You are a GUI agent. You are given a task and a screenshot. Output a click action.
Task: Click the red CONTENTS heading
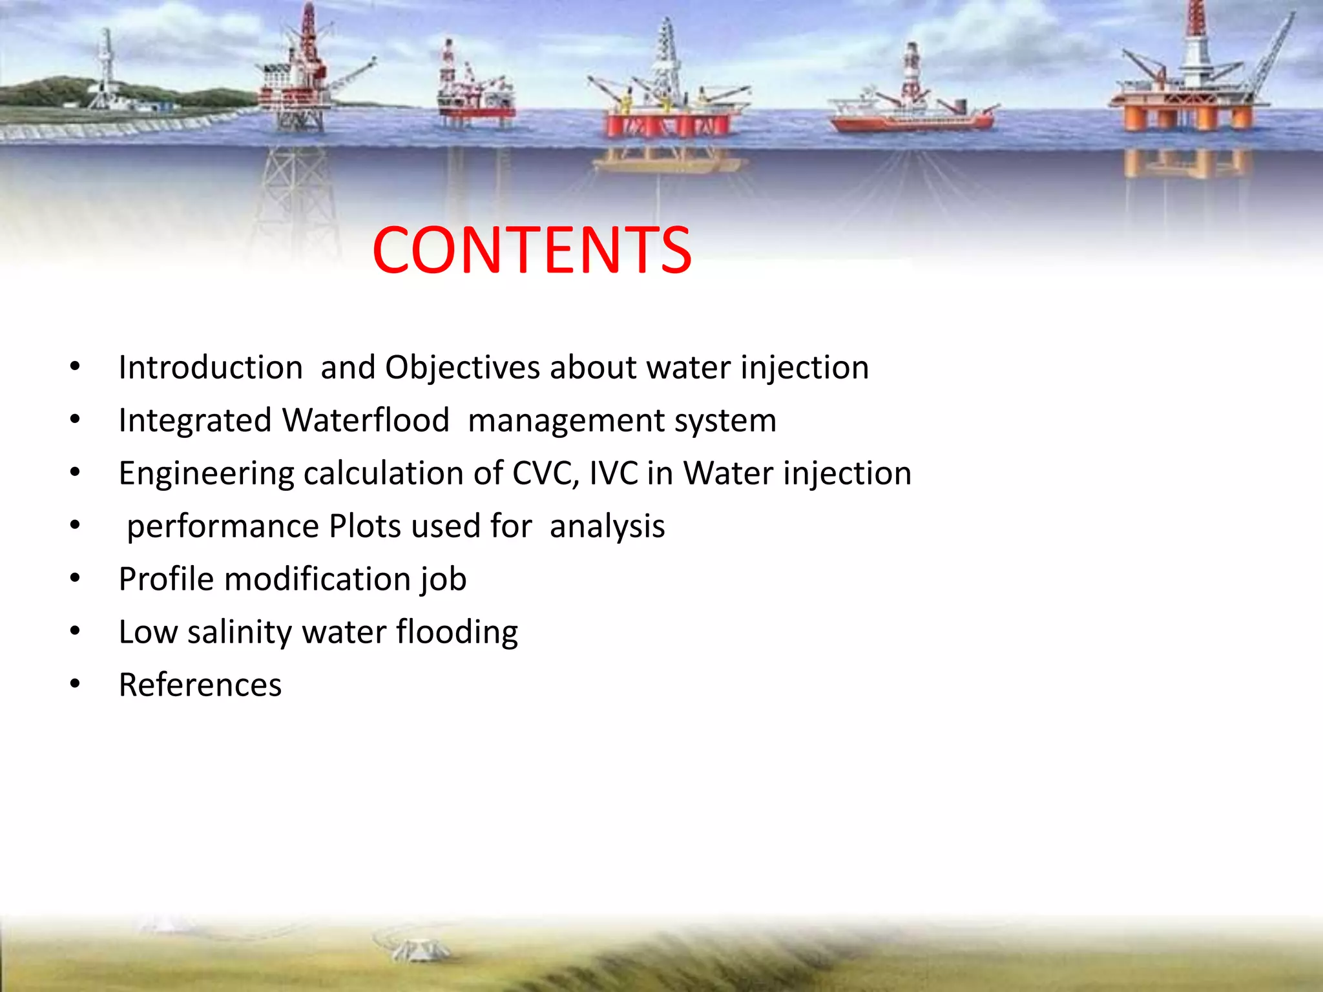532,251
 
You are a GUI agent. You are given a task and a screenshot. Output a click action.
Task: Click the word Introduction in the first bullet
211,367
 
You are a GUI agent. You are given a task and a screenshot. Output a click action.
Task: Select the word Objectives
463,367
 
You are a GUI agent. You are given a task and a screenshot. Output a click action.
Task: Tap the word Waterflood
366,420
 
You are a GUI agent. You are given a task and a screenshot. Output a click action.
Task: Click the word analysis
607,526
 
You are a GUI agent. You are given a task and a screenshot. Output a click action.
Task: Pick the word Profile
166,579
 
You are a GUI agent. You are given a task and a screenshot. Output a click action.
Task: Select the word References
200,685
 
